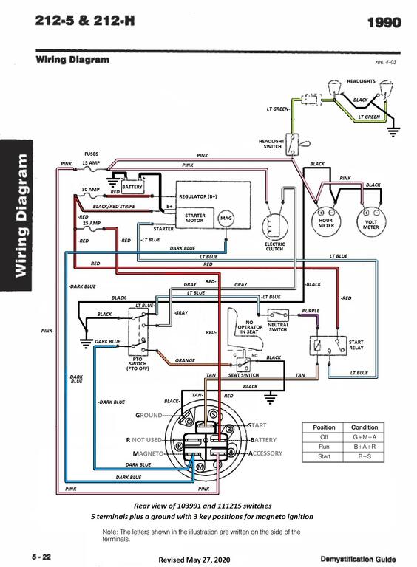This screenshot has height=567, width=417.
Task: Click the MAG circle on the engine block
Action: (226, 218)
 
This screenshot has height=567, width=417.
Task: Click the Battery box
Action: (132, 187)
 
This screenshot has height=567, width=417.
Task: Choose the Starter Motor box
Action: (194, 218)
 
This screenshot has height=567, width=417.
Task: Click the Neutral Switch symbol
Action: (278, 315)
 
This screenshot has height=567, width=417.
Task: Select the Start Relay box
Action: (328, 346)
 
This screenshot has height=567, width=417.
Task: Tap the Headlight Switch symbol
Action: (292, 145)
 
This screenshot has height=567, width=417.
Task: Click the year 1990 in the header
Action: (384, 22)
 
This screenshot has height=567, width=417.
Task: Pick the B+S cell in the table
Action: (365, 456)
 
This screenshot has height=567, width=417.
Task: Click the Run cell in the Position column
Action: (324, 447)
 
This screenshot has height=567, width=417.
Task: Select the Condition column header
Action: (365, 427)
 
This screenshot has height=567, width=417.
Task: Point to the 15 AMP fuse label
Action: (91, 162)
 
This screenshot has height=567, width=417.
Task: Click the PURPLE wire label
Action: (311, 311)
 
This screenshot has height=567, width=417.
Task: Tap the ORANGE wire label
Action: (185, 360)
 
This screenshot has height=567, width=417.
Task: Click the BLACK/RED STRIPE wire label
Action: (114, 207)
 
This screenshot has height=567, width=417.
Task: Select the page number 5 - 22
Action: (41, 557)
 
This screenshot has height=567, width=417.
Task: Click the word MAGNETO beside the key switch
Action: (148, 453)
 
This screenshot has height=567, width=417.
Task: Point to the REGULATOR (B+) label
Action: (198, 196)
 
